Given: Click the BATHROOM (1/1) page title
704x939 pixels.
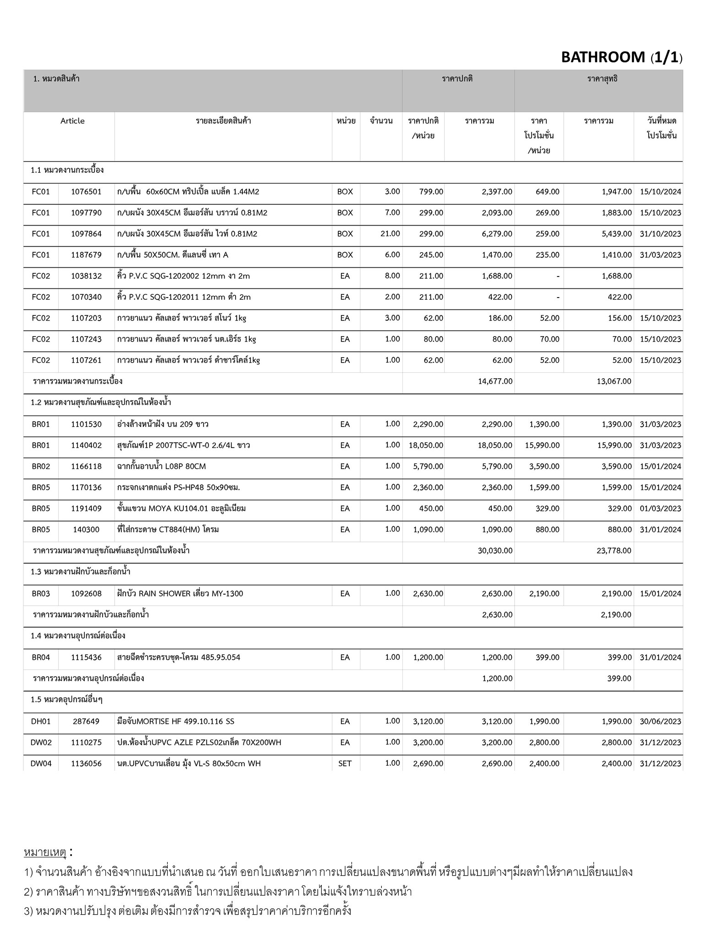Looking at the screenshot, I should tap(621, 57).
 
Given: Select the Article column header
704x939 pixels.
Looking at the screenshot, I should tap(72, 121).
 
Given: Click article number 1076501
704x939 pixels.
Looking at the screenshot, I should tap(86, 192).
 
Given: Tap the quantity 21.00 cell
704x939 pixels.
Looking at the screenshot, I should tap(390, 234).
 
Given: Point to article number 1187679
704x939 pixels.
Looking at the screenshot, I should tap(86, 255).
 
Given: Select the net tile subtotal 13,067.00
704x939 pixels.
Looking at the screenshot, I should tap(614, 381).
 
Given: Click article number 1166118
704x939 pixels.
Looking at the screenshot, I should tap(86, 466).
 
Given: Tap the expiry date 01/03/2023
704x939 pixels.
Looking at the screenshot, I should tap(660, 508).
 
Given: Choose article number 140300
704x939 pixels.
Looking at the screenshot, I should tap(86, 530).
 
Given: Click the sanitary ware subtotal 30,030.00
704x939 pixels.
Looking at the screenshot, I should tap(495, 551).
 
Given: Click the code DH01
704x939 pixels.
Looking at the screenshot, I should tap(41, 722).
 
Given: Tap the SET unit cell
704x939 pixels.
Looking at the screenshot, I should tap(345, 764).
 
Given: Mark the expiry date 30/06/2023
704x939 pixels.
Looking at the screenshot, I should tap(660, 722).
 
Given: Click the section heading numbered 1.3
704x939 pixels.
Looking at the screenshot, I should tap(77, 572).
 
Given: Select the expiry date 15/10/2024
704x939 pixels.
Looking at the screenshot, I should tap(660, 192).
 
